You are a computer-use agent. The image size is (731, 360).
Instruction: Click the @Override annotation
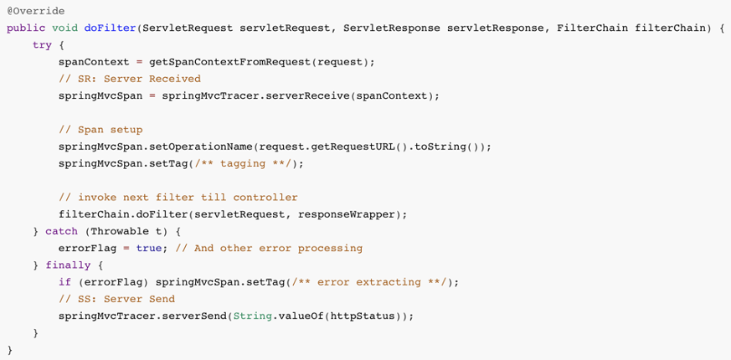click(36, 11)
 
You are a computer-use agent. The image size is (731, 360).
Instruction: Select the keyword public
click(26, 28)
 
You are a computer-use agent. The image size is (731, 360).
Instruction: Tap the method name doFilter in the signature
click(111, 28)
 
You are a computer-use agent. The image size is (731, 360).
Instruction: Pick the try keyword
click(43, 45)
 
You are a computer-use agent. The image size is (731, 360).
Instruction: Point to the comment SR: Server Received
click(130, 79)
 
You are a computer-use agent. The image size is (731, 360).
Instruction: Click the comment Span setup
click(100, 130)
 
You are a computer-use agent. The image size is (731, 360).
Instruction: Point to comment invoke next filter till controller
click(178, 198)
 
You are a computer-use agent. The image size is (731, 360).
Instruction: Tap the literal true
click(149, 248)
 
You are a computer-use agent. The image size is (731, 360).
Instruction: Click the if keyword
click(64, 282)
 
